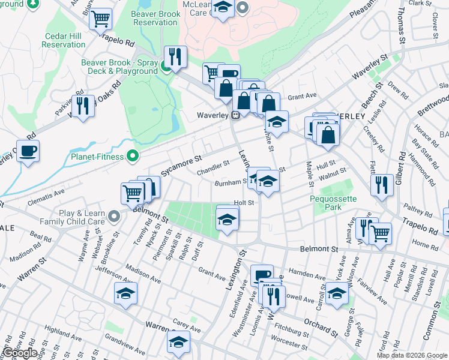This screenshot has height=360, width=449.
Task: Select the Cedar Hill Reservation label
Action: (x=64, y=40)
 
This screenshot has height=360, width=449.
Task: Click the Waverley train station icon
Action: (x=237, y=115)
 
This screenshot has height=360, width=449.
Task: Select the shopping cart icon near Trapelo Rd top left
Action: (x=101, y=19)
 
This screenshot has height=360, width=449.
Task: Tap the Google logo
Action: (x=19, y=353)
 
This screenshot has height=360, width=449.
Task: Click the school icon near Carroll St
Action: (x=337, y=294)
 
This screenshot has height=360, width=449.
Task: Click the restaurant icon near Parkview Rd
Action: (x=83, y=106)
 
